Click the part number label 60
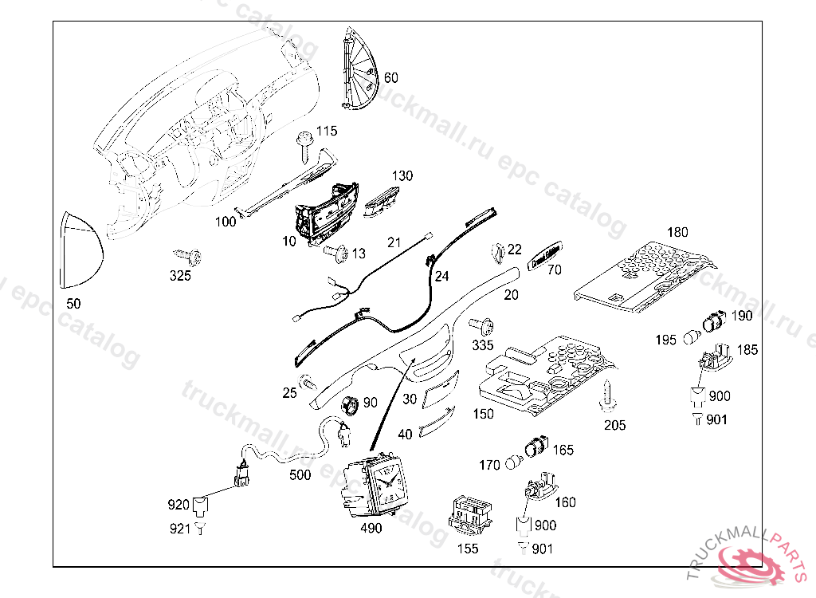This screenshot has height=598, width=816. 391,78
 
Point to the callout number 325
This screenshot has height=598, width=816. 180,277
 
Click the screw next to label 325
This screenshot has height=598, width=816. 188,256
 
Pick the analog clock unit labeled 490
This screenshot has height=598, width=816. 376,485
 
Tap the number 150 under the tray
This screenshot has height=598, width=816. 483,415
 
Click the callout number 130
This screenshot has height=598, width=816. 402,175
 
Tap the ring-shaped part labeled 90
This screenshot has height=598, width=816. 347,404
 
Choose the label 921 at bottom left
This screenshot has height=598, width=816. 178,528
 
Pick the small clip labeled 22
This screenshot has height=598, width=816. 496,253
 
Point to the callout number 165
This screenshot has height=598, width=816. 563,450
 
